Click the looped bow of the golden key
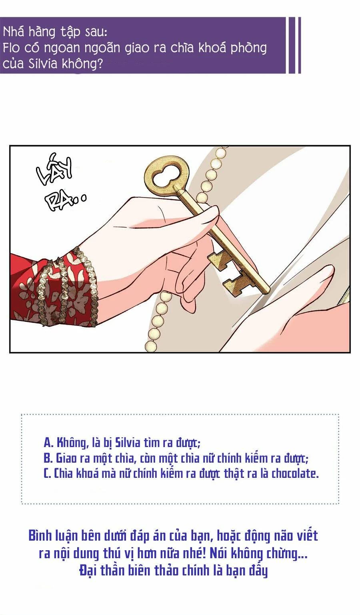point(162,176)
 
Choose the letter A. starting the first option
point(48,443)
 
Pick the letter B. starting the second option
point(48,458)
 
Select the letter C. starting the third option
point(48,473)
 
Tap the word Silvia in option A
point(127,443)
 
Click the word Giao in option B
point(66,458)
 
